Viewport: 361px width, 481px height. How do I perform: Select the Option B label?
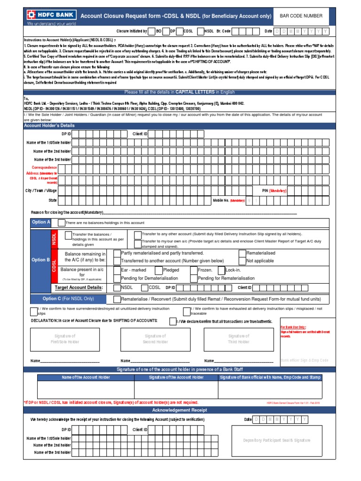click(40, 260)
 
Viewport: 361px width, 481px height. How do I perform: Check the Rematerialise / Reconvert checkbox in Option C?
click(117, 299)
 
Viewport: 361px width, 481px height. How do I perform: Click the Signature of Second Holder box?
click(155, 339)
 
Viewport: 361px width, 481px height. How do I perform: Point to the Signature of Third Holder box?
click(239, 339)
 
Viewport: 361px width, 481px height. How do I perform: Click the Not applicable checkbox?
click(242, 261)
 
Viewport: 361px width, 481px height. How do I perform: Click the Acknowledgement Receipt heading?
click(180, 410)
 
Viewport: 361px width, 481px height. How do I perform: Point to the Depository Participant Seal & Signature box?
click(276, 440)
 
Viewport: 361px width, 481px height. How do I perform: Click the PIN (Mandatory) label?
click(274, 191)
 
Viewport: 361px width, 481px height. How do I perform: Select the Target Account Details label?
click(79, 287)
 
